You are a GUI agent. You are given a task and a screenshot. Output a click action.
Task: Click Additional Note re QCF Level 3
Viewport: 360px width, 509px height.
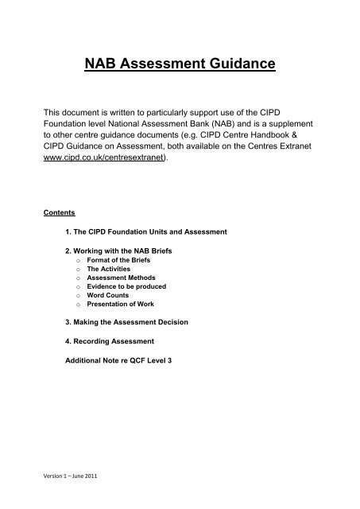pos(127,359)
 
